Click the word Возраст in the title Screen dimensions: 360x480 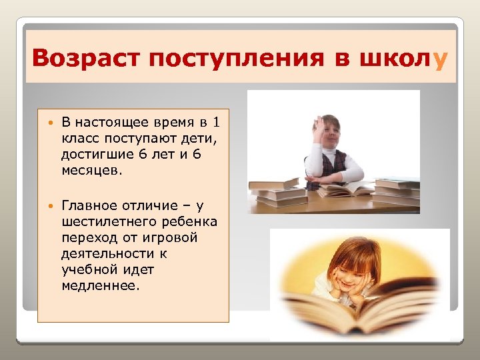[86, 60]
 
